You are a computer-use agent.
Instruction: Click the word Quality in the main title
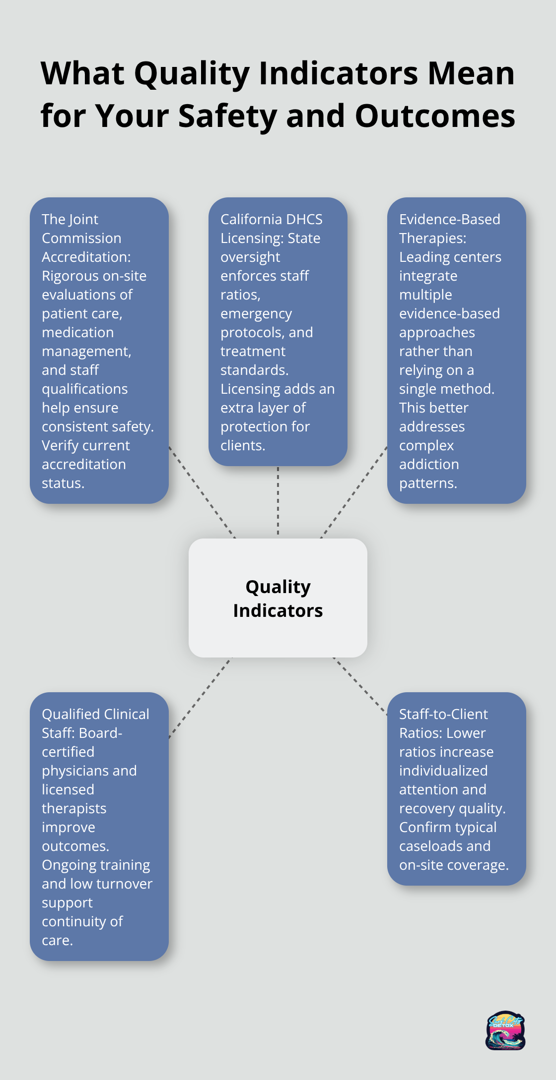192,74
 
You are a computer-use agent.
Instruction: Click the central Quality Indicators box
278,598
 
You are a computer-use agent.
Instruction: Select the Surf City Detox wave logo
505,1031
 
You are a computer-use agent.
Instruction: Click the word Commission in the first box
81,238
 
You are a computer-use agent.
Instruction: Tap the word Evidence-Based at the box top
449,219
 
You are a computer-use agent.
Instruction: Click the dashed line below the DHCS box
278,501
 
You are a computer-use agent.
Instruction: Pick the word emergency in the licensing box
256,313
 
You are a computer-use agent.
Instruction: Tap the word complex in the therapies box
426,445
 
